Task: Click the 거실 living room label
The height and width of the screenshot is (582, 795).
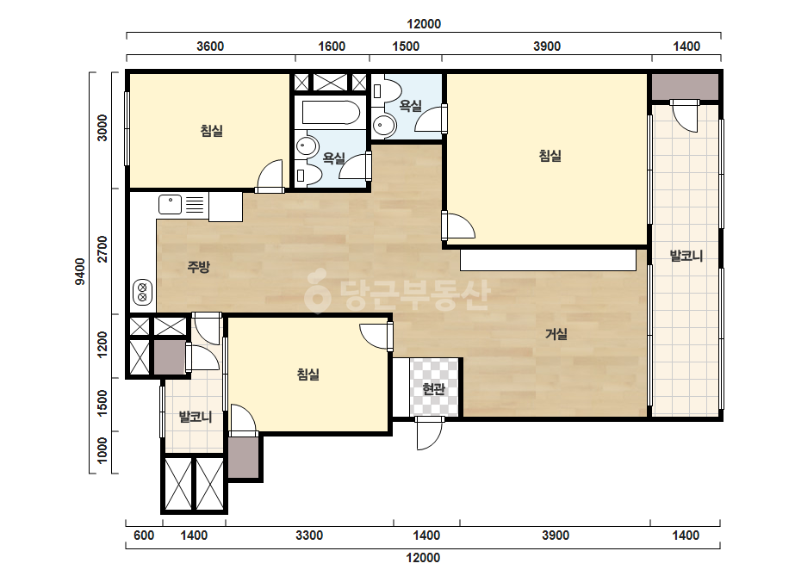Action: pyautogui.click(x=556, y=334)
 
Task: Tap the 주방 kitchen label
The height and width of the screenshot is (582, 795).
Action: pyautogui.click(x=198, y=267)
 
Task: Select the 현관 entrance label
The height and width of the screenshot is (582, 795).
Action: pyautogui.click(x=433, y=389)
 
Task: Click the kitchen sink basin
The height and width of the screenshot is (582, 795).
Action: pyautogui.click(x=171, y=205)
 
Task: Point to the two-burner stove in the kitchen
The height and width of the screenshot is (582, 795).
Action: pyautogui.click(x=142, y=293)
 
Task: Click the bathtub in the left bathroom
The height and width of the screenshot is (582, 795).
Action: pyautogui.click(x=331, y=113)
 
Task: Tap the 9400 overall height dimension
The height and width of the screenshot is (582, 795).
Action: pyautogui.click(x=80, y=272)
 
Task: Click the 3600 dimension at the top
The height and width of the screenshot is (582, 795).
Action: pyautogui.click(x=210, y=46)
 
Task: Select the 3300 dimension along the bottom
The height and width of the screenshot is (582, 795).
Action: pyautogui.click(x=309, y=536)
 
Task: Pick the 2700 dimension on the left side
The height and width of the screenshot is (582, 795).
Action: pyautogui.click(x=102, y=249)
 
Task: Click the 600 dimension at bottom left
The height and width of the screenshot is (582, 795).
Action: pyautogui.click(x=144, y=536)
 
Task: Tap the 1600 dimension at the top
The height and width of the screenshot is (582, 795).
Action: pyautogui.click(x=332, y=46)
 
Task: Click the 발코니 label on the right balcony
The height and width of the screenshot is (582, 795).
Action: pyautogui.click(x=686, y=256)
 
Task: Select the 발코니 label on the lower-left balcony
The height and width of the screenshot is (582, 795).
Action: pyautogui.click(x=196, y=418)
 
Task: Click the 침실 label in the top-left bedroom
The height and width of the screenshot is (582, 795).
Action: pyautogui.click(x=211, y=131)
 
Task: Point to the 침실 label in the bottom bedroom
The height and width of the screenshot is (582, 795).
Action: pyautogui.click(x=307, y=375)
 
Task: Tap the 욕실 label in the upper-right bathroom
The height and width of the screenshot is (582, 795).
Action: pyautogui.click(x=411, y=105)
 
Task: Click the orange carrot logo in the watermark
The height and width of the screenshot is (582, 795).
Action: pyautogui.click(x=318, y=292)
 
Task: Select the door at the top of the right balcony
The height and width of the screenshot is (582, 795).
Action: pyautogui.click(x=685, y=116)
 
